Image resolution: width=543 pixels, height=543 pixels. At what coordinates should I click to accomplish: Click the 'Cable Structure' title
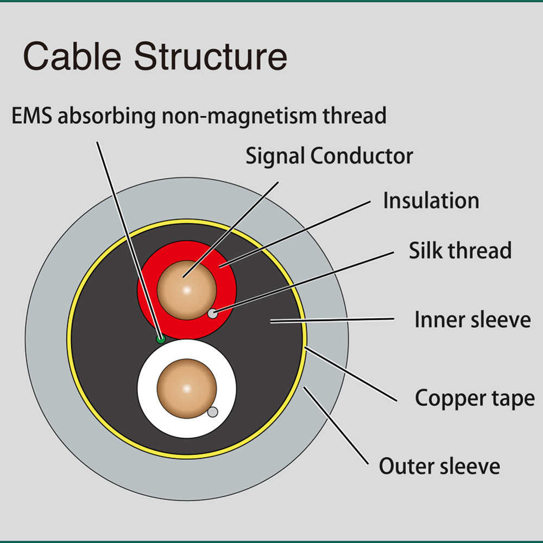tap(155, 56)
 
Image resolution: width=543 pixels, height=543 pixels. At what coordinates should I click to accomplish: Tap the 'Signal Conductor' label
tap(330, 156)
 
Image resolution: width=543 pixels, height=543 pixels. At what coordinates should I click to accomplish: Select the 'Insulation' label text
tap(431, 200)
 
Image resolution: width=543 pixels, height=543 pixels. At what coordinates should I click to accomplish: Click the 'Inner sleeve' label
tap(473, 319)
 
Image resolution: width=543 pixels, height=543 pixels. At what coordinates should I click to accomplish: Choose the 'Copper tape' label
tap(475, 398)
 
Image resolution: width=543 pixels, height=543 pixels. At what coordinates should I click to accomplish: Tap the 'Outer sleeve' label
tap(439, 466)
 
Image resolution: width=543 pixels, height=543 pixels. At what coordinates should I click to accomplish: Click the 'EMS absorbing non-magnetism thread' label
tap(199, 116)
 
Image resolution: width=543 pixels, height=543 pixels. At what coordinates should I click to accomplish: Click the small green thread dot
tap(161, 339)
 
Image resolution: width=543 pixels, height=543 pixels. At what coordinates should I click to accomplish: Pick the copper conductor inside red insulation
tap(187, 290)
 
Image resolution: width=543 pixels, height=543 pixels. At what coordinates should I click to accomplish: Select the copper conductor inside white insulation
tap(187, 389)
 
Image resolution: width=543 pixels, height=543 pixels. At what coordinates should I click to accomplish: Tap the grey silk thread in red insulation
tap(213, 314)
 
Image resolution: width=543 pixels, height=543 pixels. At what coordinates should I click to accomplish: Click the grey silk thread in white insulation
tap(213, 412)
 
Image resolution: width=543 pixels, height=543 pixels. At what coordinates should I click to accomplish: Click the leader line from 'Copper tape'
tap(350, 374)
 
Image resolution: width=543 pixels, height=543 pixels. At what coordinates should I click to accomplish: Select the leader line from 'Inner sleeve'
tap(332, 320)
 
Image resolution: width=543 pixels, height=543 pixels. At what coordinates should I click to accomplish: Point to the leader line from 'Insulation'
tap(295, 234)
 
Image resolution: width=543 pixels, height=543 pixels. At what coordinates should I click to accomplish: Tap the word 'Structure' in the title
tap(211, 56)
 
